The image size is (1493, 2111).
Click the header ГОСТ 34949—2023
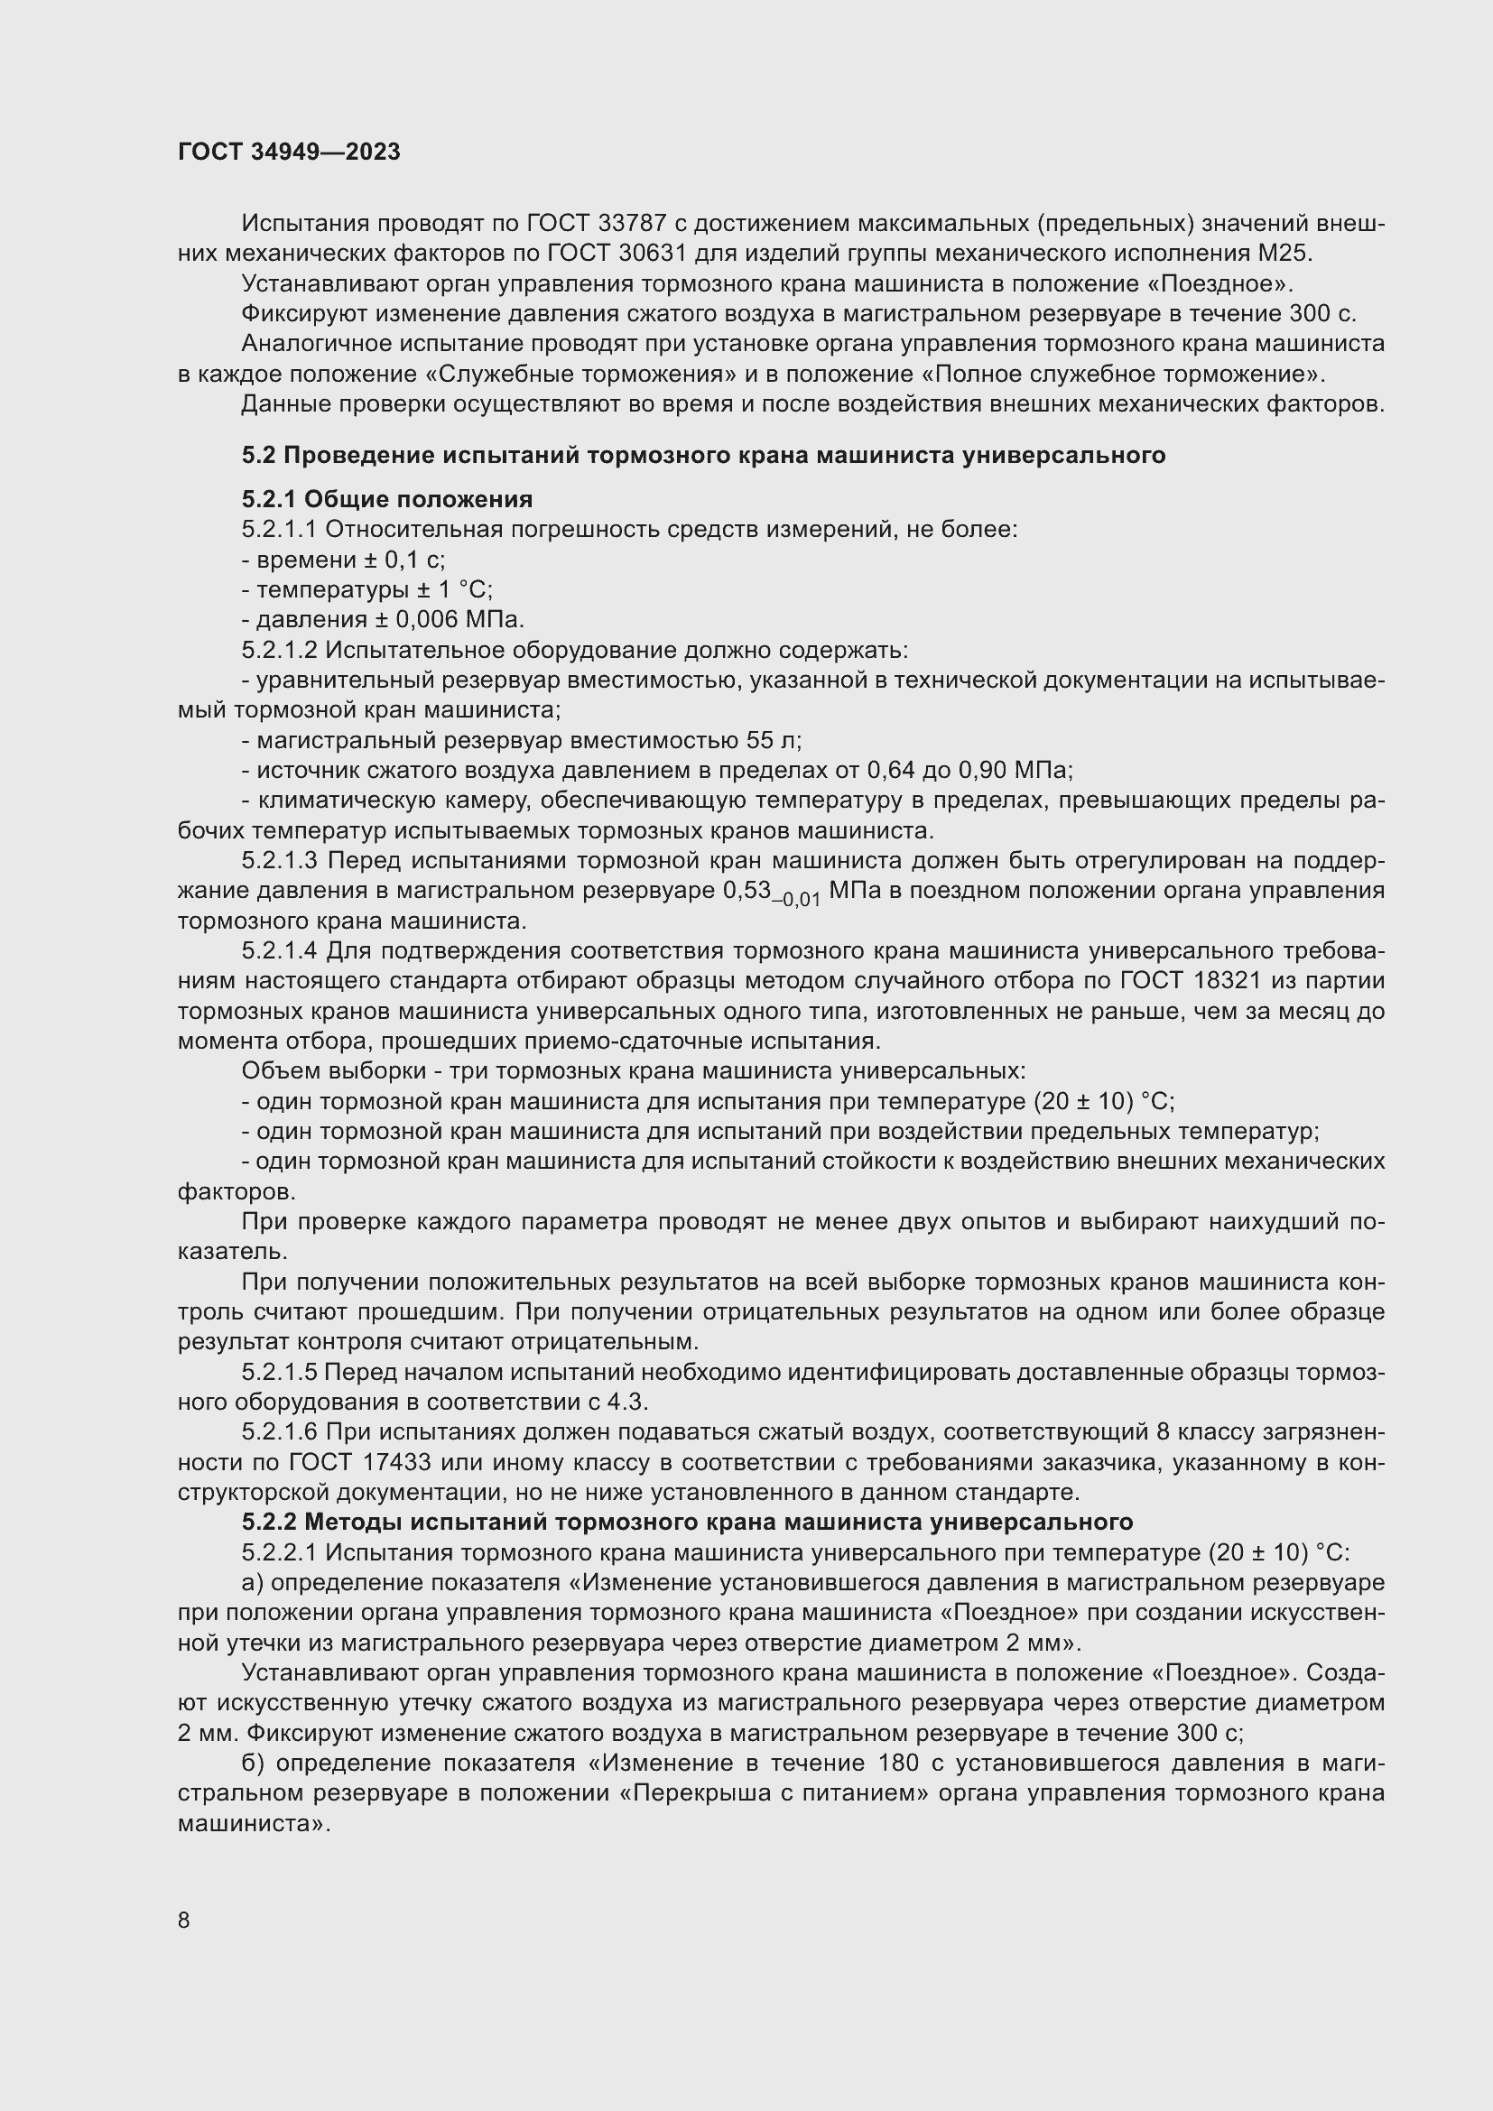289,152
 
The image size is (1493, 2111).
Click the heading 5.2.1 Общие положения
387,499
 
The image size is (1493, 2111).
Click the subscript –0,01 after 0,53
796,899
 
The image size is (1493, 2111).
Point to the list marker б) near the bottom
253,1764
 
